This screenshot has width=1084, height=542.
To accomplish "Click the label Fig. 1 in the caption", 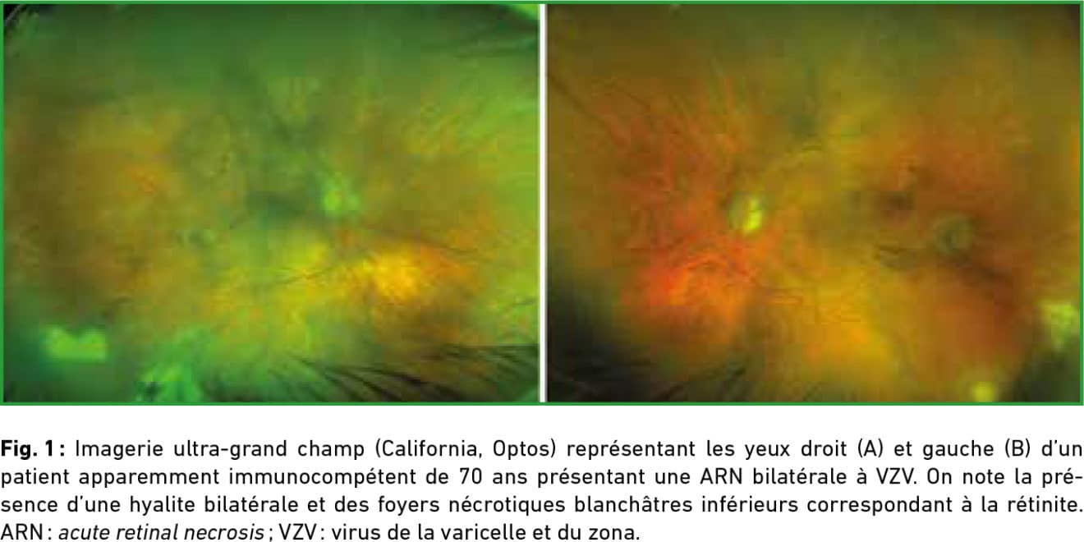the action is pyautogui.click(x=29, y=448).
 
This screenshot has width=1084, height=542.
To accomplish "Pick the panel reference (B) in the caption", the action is pyautogui.click(x=1017, y=449).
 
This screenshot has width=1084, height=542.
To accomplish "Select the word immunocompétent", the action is pyautogui.click(x=323, y=477).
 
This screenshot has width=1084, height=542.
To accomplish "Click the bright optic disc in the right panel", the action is pyautogui.click(x=747, y=214).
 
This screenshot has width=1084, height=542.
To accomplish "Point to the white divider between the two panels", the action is pyautogui.click(x=543, y=203).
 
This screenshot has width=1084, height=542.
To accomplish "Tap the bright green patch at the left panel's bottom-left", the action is pyautogui.click(x=76, y=344).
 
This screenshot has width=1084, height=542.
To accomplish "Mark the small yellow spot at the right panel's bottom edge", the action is pyautogui.click(x=985, y=390).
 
